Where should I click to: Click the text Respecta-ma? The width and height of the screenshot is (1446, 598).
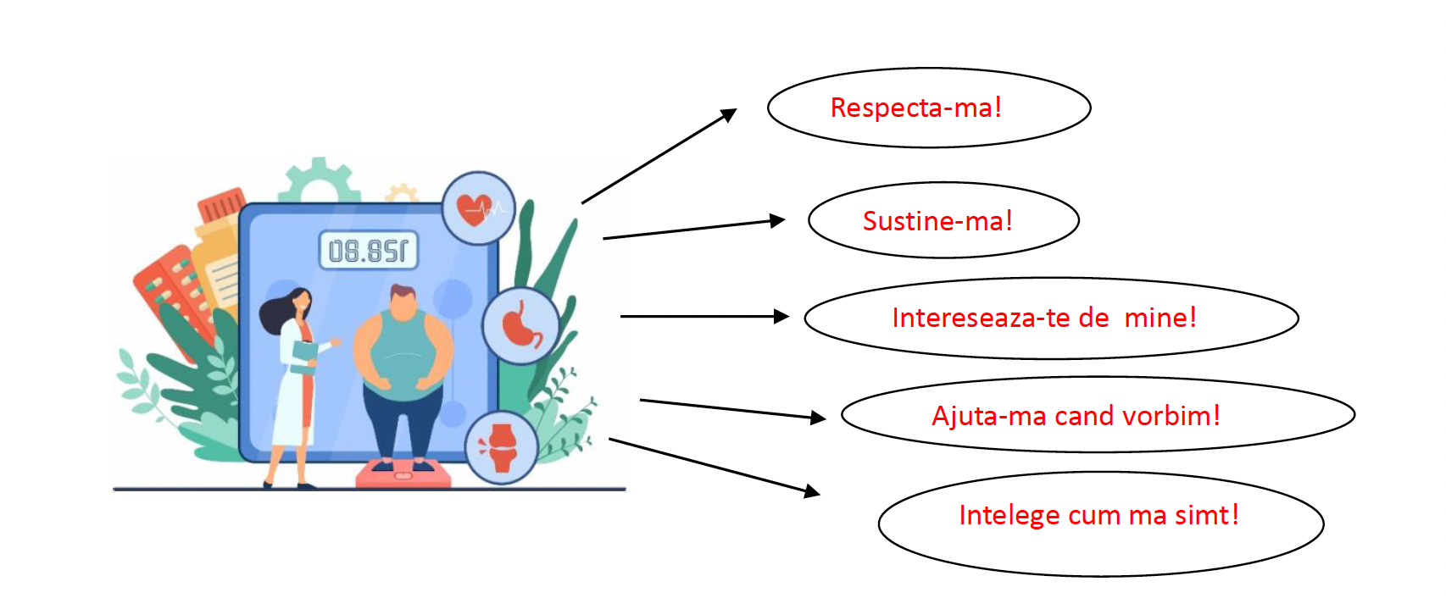point(915,108)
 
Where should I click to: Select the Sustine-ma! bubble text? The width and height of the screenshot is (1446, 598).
point(937,221)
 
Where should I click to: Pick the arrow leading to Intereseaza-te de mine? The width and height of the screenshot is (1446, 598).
point(704,316)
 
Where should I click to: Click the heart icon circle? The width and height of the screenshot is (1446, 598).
point(479,208)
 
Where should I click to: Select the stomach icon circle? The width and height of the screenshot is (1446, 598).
point(520,326)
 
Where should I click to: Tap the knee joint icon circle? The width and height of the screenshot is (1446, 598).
point(502,446)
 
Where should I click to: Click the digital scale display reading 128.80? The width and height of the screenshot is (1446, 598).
point(369,251)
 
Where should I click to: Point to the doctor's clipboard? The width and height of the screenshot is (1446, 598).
point(303,356)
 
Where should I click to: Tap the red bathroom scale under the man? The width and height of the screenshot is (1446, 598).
point(403,473)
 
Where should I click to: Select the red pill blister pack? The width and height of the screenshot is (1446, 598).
point(174,292)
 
